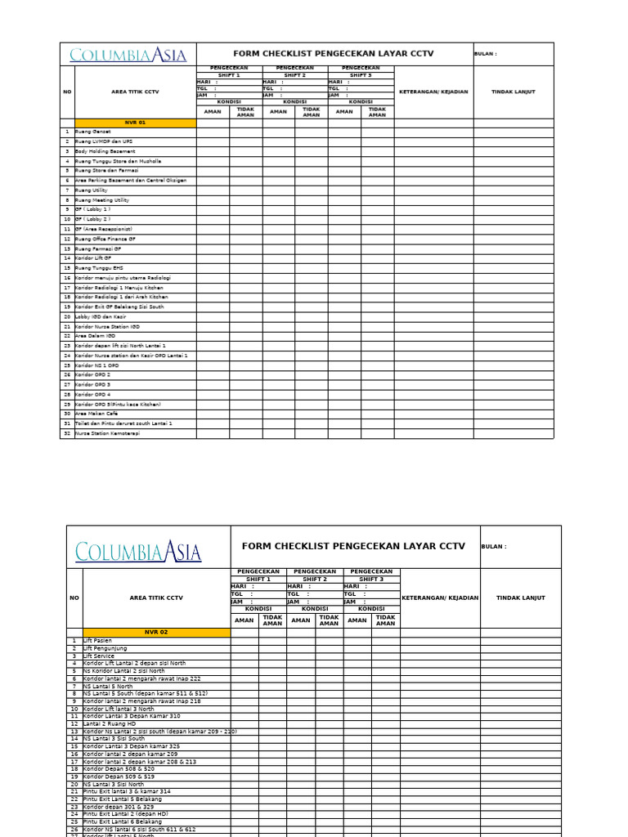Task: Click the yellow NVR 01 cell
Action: tap(135, 123)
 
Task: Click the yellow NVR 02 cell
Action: tap(156, 632)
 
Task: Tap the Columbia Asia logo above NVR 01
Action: tap(128, 55)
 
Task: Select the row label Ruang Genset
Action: tap(93, 132)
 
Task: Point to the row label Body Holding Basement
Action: tap(105, 151)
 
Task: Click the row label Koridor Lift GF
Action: tap(93, 258)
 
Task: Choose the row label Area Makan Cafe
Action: tap(96, 414)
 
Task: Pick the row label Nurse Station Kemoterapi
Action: tap(107, 433)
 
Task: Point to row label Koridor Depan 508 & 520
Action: tap(119, 769)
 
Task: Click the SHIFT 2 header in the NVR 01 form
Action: tap(294, 75)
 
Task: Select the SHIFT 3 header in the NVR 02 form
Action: tap(371, 579)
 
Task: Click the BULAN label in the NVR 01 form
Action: tap(485, 54)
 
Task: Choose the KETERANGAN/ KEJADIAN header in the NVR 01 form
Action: tap(433, 92)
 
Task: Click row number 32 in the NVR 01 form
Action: tap(67, 433)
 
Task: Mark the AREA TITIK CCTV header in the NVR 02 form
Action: tap(156, 598)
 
